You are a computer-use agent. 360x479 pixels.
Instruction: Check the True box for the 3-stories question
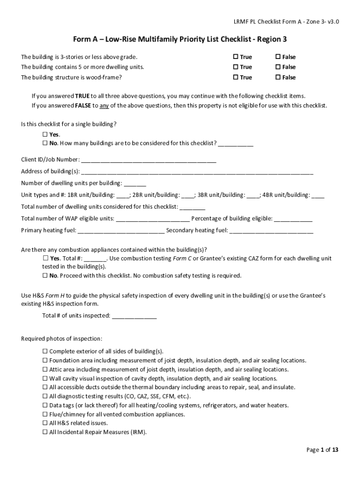[x=236, y=57]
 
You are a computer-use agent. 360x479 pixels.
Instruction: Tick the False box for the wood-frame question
[x=278, y=77]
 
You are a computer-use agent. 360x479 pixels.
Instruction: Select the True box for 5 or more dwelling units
[x=236, y=67]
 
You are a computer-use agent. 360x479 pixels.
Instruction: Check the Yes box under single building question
[x=45, y=134]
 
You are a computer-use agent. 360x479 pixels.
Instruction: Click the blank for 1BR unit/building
[x=123, y=196]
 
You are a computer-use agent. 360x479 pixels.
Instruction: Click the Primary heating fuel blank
[x=121, y=231]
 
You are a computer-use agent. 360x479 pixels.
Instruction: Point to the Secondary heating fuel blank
[x=271, y=231]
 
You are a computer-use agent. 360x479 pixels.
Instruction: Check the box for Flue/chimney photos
[x=45, y=414]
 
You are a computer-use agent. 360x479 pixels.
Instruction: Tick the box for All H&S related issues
[x=45, y=423]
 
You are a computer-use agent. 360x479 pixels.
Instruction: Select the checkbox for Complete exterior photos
[x=45, y=351]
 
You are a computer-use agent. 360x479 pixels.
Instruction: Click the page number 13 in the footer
[x=335, y=450]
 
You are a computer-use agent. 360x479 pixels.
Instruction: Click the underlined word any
[x=104, y=105]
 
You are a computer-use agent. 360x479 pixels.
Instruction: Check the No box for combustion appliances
[x=45, y=276]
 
